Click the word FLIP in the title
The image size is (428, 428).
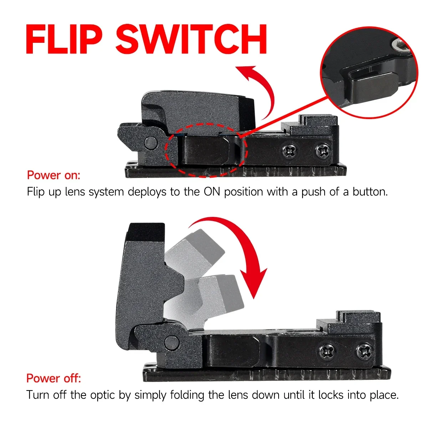(64, 39)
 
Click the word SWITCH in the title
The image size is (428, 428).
(191, 39)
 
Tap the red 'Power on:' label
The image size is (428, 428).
(54, 175)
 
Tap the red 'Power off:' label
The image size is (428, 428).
(54, 378)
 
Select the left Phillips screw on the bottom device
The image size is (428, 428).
(327, 351)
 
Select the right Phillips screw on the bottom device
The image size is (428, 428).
(364, 351)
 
